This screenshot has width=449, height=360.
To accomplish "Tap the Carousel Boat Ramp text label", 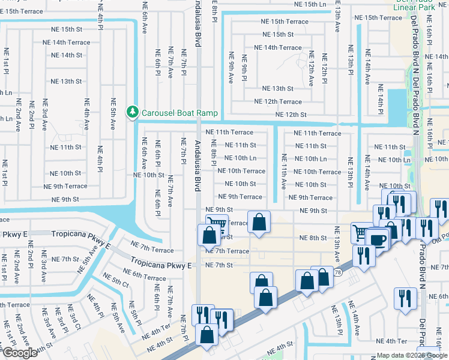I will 179,112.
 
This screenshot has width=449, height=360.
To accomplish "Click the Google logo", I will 20,353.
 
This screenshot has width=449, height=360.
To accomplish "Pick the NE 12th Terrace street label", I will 278,102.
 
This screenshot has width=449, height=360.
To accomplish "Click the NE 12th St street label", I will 291,115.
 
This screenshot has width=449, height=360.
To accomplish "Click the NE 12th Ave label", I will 311,69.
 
